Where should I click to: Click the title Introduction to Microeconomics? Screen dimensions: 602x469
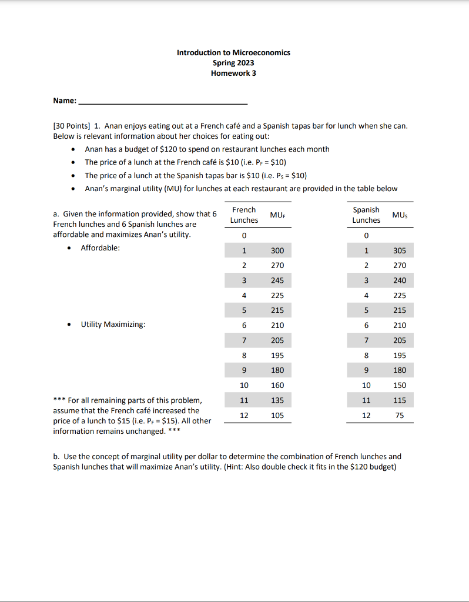(x=233, y=52)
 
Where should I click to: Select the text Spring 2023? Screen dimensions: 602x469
(x=233, y=63)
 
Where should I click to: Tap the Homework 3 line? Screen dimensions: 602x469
(x=233, y=73)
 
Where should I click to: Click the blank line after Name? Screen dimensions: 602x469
(x=163, y=101)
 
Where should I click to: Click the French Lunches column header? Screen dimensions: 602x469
(x=244, y=215)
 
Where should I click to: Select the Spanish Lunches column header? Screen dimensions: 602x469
(x=366, y=215)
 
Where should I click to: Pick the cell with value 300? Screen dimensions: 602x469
(x=277, y=250)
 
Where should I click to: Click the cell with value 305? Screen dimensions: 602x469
(x=400, y=250)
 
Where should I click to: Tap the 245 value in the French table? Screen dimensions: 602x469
(x=277, y=280)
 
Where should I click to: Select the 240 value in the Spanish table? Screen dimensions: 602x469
(x=400, y=280)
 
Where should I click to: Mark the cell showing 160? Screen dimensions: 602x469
(x=277, y=385)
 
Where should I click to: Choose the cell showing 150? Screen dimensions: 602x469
(x=400, y=385)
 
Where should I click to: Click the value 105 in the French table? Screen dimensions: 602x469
(x=277, y=415)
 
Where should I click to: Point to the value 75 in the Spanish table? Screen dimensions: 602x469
(x=400, y=415)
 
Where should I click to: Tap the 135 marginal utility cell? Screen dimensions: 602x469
(x=277, y=400)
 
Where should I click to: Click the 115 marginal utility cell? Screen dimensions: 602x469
(x=400, y=400)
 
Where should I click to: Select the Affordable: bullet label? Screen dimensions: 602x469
(x=100, y=248)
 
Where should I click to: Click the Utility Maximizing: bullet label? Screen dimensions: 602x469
(x=113, y=325)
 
